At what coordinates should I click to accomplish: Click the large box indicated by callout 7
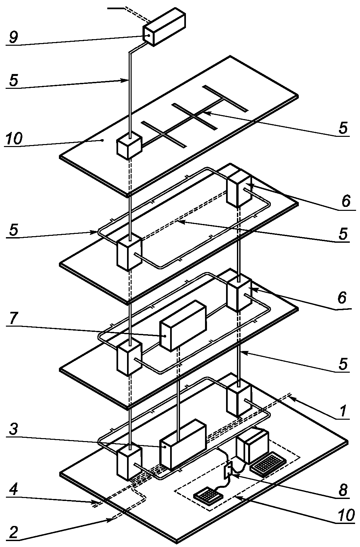[183, 326]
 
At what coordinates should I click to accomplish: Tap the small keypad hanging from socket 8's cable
[208, 495]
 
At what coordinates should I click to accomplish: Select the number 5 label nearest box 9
[13, 80]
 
